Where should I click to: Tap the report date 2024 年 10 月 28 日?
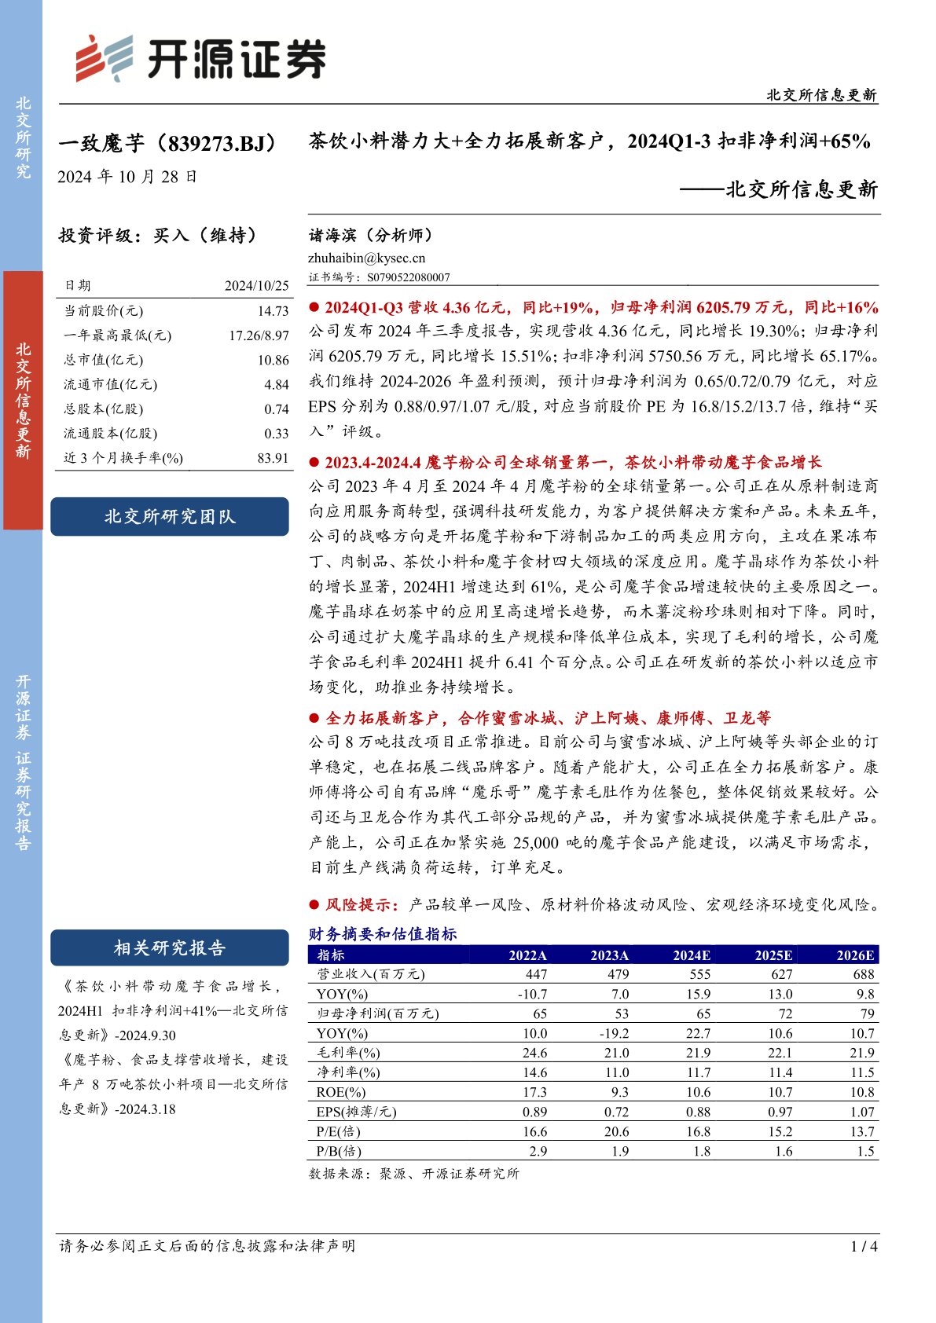point(127,177)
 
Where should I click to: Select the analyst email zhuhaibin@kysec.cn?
point(366,258)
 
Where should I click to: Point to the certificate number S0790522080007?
point(408,277)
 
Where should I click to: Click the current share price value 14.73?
point(273,311)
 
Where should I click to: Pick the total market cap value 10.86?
point(273,360)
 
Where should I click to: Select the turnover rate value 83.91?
point(273,458)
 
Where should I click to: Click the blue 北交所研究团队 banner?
point(170,517)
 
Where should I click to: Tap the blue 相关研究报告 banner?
point(170,948)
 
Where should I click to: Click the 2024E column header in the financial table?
point(692,955)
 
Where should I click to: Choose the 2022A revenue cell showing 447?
point(536,974)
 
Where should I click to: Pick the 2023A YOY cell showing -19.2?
point(615,1033)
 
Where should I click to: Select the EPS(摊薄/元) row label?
point(356,1112)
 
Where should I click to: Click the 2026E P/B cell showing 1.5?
point(865,1151)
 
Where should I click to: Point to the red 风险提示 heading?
point(362,905)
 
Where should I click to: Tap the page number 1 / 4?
point(864,1246)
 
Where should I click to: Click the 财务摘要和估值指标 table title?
point(383,934)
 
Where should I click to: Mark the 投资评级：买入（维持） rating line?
point(158,235)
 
